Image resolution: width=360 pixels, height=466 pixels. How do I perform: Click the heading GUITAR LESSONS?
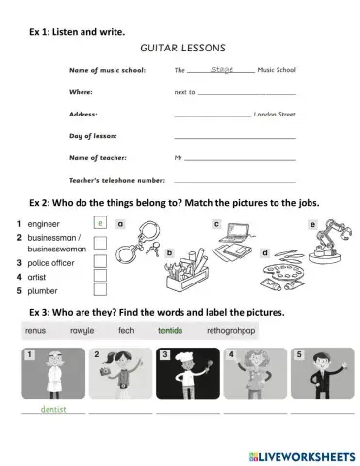183,47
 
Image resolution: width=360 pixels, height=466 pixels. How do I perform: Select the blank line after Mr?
240,157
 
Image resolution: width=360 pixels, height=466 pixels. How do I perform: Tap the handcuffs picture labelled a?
137,244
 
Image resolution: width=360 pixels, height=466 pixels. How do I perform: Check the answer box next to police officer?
100,261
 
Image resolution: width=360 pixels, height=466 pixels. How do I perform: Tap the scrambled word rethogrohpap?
232,330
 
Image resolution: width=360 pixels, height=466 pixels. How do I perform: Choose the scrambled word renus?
35,330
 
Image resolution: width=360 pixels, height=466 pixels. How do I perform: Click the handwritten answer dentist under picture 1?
53,410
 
